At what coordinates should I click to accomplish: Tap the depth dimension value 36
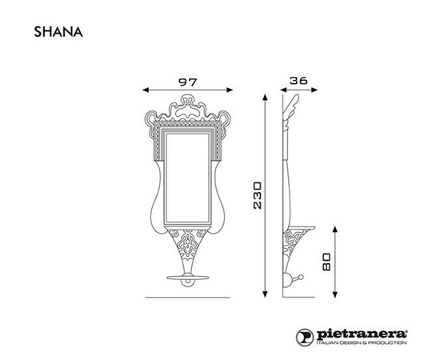[x=299, y=80]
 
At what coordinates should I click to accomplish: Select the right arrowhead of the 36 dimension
[x=313, y=90]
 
